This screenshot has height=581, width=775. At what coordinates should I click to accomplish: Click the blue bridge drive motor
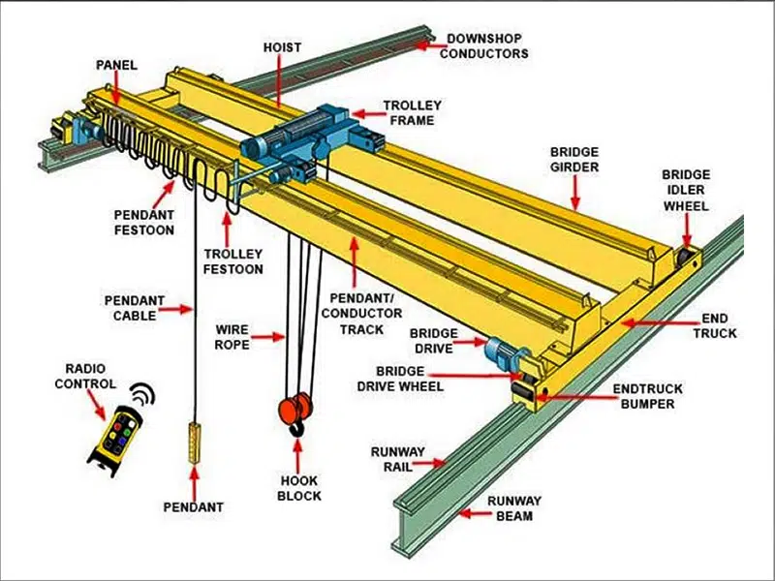[502, 350]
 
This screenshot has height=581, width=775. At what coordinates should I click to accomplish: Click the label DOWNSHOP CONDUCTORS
[484, 46]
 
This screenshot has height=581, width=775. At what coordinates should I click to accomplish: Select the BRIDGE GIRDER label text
[574, 160]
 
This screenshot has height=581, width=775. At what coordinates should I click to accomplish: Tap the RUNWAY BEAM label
[514, 508]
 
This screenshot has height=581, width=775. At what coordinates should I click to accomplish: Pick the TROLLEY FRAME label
[412, 112]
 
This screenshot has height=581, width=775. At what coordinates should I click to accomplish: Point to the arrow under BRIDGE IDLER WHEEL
[685, 230]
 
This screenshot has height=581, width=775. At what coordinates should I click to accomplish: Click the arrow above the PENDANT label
[194, 480]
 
